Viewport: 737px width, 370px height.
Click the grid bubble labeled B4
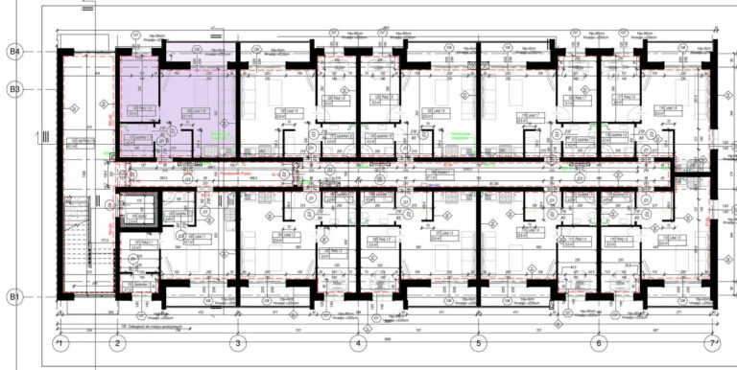pyautogui.click(x=15, y=51)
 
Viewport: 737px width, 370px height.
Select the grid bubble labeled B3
pyautogui.click(x=15, y=89)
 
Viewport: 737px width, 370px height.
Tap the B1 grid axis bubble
pyautogui.click(x=15, y=297)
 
